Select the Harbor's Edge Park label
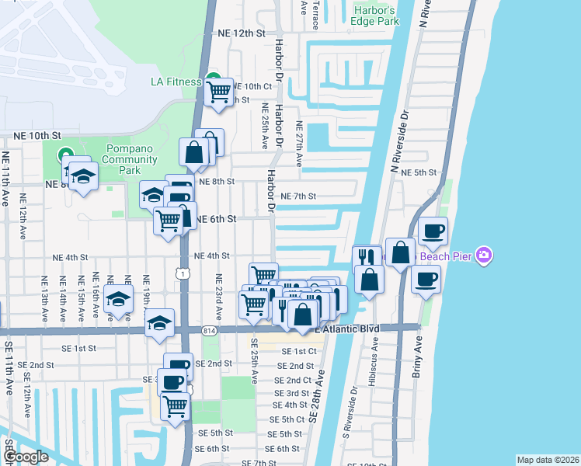click(x=376, y=16)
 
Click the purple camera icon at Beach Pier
click(x=485, y=255)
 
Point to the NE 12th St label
click(x=241, y=33)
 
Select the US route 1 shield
click(x=182, y=273)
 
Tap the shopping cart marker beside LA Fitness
click(x=219, y=92)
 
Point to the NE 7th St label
click(x=298, y=196)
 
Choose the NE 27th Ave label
click(x=298, y=140)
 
